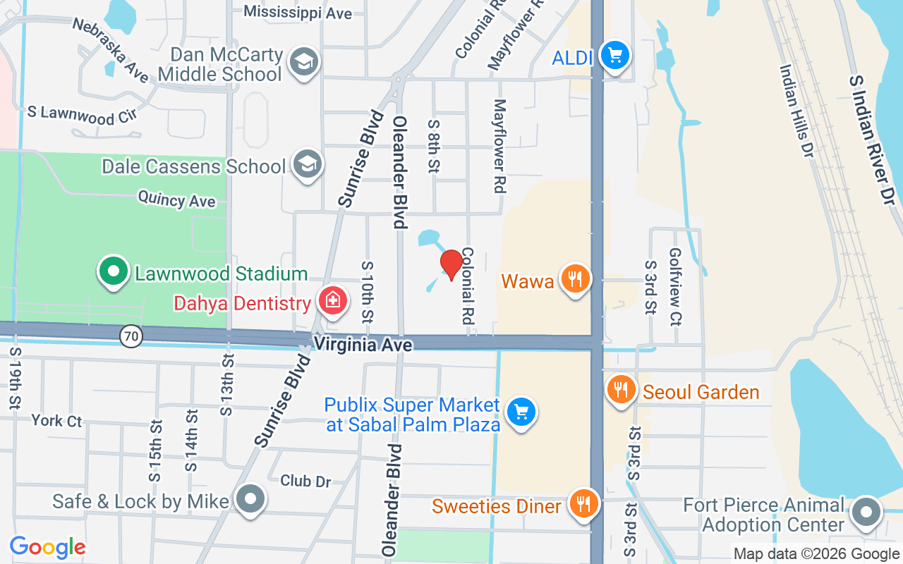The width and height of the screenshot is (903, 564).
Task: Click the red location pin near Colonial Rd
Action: tap(451, 264)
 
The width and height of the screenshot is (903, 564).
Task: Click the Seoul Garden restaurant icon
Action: tap(621, 390)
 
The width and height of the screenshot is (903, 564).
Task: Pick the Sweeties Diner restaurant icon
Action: tap(583, 504)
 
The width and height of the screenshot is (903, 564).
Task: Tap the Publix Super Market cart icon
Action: tap(521, 412)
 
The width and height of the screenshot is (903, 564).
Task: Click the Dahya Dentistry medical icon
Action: tap(332, 301)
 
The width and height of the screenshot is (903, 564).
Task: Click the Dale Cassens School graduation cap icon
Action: tap(308, 164)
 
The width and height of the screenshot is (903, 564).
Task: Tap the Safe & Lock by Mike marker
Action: tap(250, 500)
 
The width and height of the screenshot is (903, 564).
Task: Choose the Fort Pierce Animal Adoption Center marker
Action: tap(866, 513)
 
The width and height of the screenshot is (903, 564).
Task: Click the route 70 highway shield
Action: tap(131, 337)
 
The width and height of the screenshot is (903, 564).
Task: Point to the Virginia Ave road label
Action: tap(363, 344)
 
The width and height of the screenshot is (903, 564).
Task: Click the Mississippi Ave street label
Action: tap(297, 12)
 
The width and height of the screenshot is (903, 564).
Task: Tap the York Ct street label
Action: tap(56, 421)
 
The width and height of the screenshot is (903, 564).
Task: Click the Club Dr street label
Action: tap(305, 481)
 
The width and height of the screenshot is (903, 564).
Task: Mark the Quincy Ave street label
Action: tap(176, 200)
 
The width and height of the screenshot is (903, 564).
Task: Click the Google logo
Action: tap(47, 547)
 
